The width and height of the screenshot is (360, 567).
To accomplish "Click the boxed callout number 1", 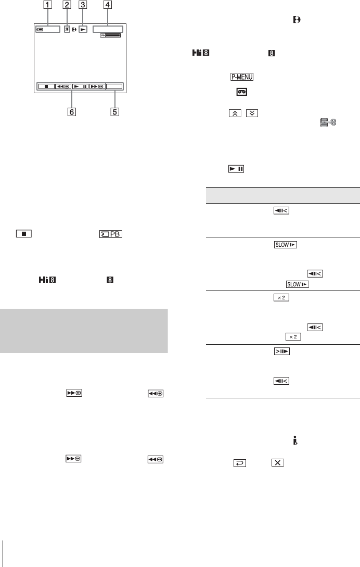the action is click(x=48, y=5).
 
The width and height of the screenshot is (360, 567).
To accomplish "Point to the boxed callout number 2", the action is click(x=67, y=5).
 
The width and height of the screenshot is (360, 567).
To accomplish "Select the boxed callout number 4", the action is click(x=107, y=5).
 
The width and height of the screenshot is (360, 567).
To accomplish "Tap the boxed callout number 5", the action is click(x=114, y=112).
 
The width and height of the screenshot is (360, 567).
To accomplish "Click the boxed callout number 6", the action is click(x=72, y=112).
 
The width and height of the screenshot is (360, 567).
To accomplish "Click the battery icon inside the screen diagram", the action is click(x=40, y=30).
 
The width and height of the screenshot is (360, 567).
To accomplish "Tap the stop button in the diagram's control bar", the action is click(x=47, y=86).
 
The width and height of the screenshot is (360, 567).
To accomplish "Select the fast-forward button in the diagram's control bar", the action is click(x=97, y=86).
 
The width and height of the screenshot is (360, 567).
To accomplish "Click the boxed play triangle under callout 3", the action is click(x=83, y=29).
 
